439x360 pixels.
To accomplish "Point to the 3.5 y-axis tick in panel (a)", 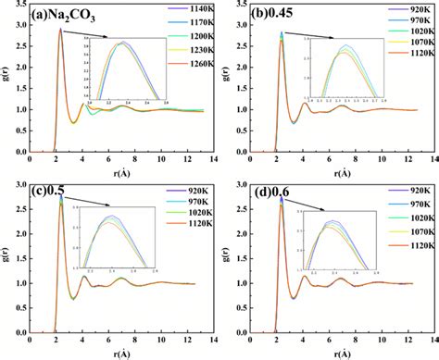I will [26, 7].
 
